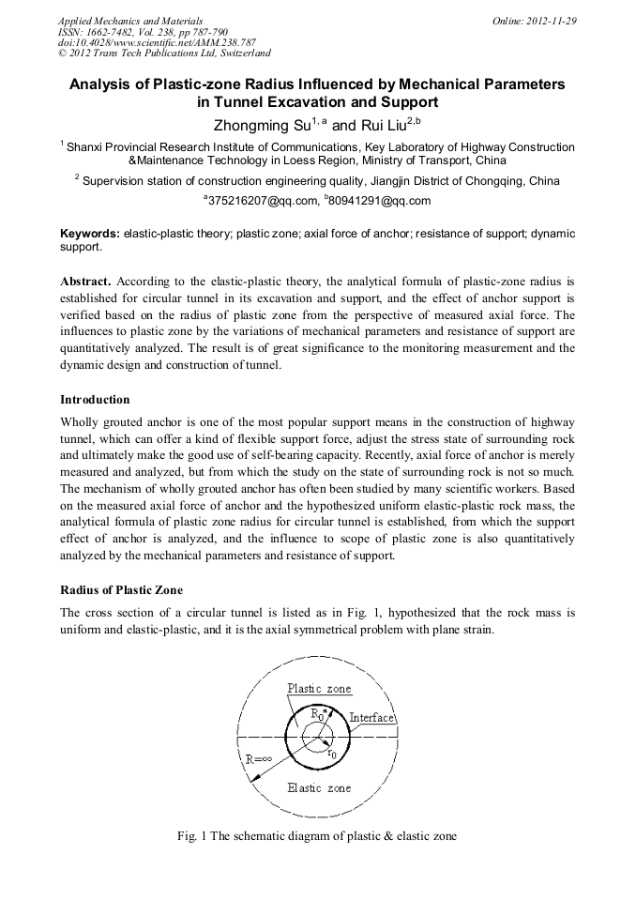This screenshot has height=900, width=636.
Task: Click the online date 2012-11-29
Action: (553, 21)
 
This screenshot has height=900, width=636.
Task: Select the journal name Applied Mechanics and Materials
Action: (130, 21)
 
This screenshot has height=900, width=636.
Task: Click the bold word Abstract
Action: (87, 282)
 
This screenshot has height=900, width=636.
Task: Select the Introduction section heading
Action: (95, 400)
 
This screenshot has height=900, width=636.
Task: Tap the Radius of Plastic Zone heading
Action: (122, 589)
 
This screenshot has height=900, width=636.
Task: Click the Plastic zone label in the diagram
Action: (318, 688)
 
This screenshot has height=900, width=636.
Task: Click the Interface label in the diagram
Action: (371, 718)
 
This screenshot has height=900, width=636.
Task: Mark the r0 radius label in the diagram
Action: (332, 752)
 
